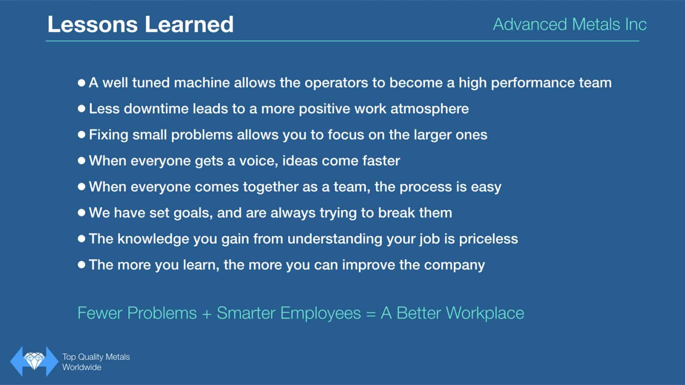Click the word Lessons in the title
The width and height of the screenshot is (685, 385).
click(92, 24)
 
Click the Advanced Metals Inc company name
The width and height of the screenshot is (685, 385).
click(570, 24)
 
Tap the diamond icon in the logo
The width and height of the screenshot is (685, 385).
click(34, 361)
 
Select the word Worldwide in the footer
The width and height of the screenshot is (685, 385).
click(82, 367)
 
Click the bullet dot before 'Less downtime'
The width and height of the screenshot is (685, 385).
click(82, 108)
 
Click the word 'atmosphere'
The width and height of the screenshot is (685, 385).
click(429, 109)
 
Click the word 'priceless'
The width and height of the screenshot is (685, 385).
click(488, 239)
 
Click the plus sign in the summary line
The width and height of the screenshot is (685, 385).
click(207, 314)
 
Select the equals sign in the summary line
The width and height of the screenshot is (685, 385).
click(371, 314)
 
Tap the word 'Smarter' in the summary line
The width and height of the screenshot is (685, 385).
click(246, 313)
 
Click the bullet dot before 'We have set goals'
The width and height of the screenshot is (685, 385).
click(82, 213)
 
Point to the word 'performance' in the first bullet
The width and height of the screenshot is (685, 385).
click(533, 83)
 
